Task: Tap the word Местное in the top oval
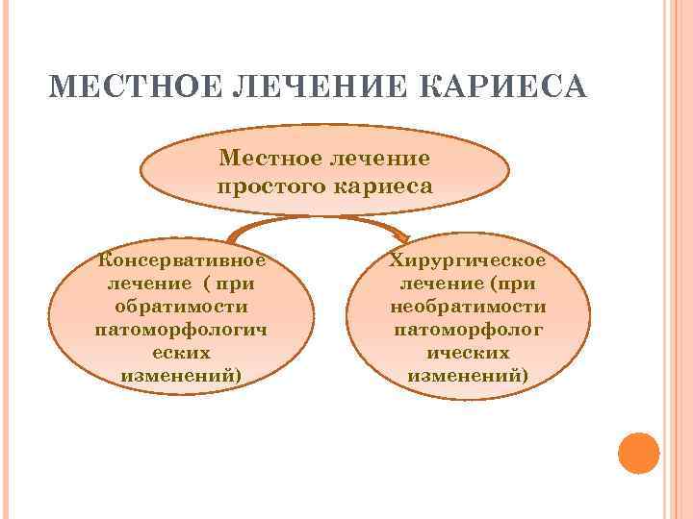pos(267,156)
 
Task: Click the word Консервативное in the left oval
pos(182,260)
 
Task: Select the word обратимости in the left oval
pos(181,307)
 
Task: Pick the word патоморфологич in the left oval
pos(181,330)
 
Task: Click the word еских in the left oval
pos(181,353)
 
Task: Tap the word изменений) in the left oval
pos(181,376)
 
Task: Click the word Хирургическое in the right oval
pos(468,260)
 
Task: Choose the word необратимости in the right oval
pos(468,307)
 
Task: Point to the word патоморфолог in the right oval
pos(468,330)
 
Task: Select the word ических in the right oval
pos(468,353)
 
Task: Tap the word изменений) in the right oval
pos(468,376)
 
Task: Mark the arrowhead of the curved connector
pos(400,235)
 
